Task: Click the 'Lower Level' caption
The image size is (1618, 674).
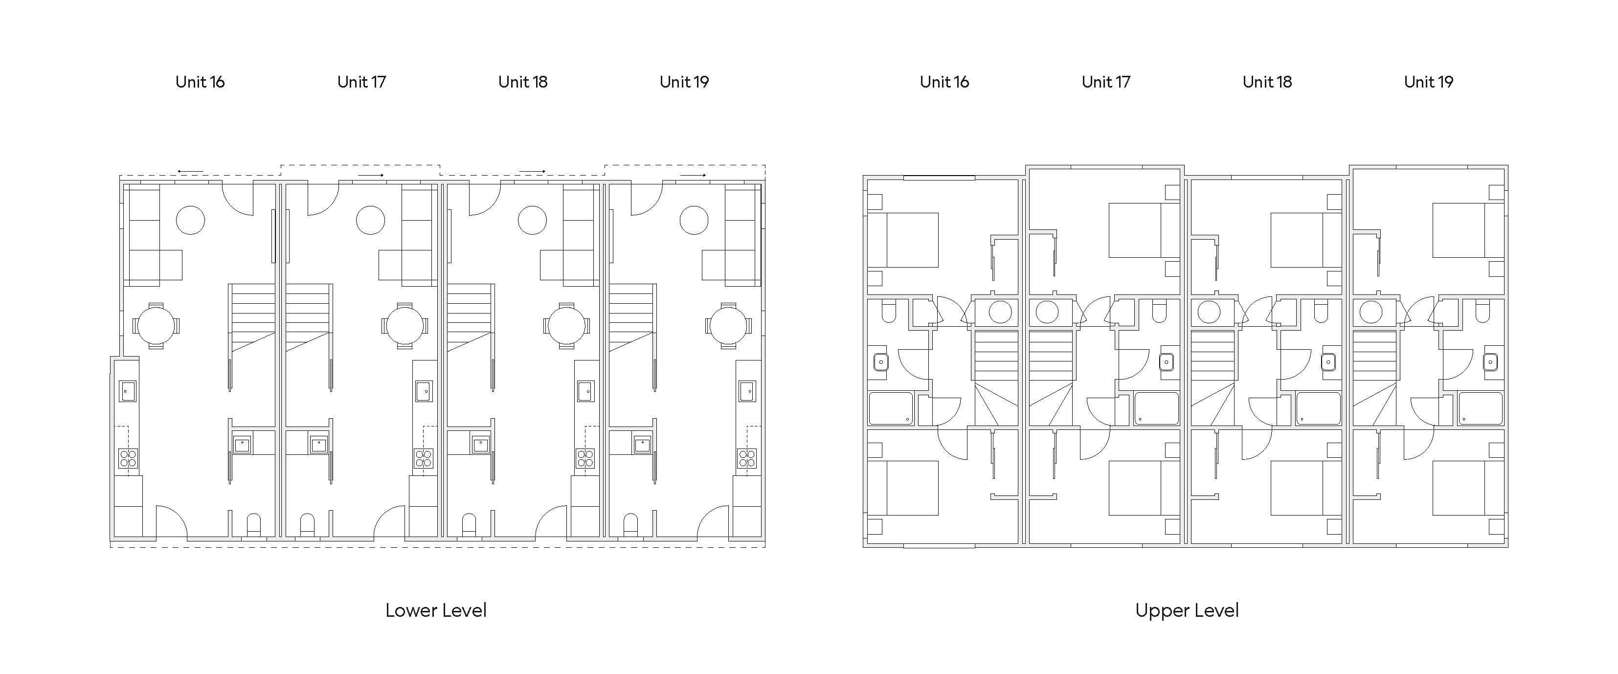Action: [x=436, y=610]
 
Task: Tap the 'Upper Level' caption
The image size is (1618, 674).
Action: [x=1187, y=610]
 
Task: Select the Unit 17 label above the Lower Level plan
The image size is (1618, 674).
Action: [x=362, y=82]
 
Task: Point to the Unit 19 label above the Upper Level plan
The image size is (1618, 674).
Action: [x=1428, y=82]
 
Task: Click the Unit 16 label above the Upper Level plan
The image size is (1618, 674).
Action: [x=944, y=82]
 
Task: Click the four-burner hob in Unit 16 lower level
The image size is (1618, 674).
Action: [x=128, y=459]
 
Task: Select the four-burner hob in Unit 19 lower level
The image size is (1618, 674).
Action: [x=747, y=459]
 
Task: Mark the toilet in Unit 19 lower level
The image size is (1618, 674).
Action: [x=630, y=526]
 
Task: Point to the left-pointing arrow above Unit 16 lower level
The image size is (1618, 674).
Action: [x=190, y=171]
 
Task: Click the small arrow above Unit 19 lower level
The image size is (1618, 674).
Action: [x=693, y=175]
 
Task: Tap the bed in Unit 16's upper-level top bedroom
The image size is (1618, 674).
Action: [x=903, y=240]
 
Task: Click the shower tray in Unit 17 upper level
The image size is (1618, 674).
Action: [x=1156, y=408]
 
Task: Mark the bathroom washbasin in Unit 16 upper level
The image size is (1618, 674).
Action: [x=880, y=362]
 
